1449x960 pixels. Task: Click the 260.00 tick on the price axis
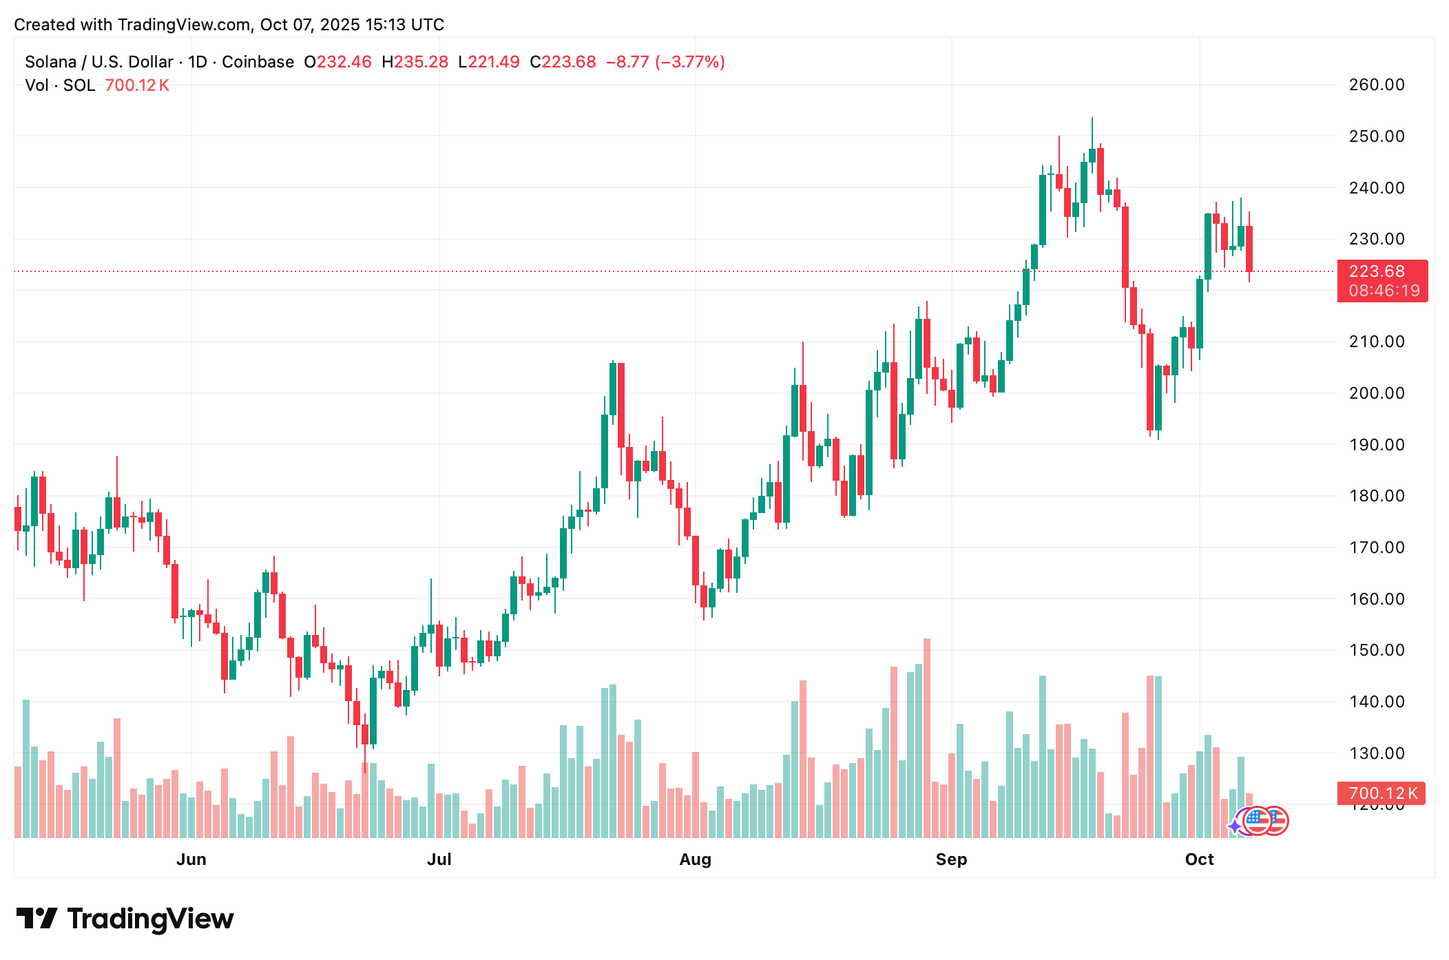pos(1376,85)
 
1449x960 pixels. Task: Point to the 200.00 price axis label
pos(1376,393)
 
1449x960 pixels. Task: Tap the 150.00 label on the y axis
pos(1376,650)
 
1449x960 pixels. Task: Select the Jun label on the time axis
pos(191,859)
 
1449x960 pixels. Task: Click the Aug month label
pos(695,859)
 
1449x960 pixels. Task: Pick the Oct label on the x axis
pos(1199,859)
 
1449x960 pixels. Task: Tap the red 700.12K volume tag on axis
pos(1381,793)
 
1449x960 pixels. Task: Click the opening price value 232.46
pos(344,62)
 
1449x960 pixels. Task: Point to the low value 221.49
pos(493,62)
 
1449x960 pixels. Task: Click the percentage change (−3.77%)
pos(689,62)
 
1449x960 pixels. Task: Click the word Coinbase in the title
pos(258,62)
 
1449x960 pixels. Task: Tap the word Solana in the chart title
pos(50,62)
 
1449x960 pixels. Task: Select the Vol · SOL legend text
pos(60,85)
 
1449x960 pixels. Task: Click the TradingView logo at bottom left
pos(125,919)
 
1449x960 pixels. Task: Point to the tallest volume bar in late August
pos(927,737)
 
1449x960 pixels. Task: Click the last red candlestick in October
pos(1249,248)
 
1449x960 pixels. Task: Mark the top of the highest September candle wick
pos(1092,118)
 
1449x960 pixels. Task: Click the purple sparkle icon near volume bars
pos(1235,826)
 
